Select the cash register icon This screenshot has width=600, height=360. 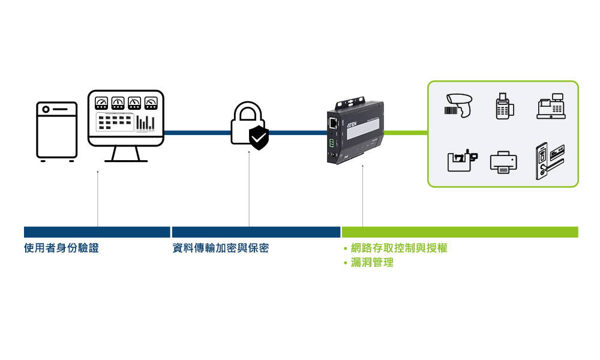pos(551,106)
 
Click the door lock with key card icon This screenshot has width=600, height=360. pos(548,160)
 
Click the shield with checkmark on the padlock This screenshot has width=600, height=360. pos(259,138)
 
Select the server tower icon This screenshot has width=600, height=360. pos(57,131)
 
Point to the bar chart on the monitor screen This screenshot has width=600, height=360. pos(145,122)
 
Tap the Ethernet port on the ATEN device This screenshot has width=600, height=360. pos(332,122)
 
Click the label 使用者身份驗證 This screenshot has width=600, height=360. pos(61,248)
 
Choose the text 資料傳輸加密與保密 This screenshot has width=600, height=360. pos(220,248)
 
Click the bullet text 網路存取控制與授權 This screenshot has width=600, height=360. pos(399,248)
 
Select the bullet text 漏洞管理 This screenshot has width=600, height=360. pos(372,263)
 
